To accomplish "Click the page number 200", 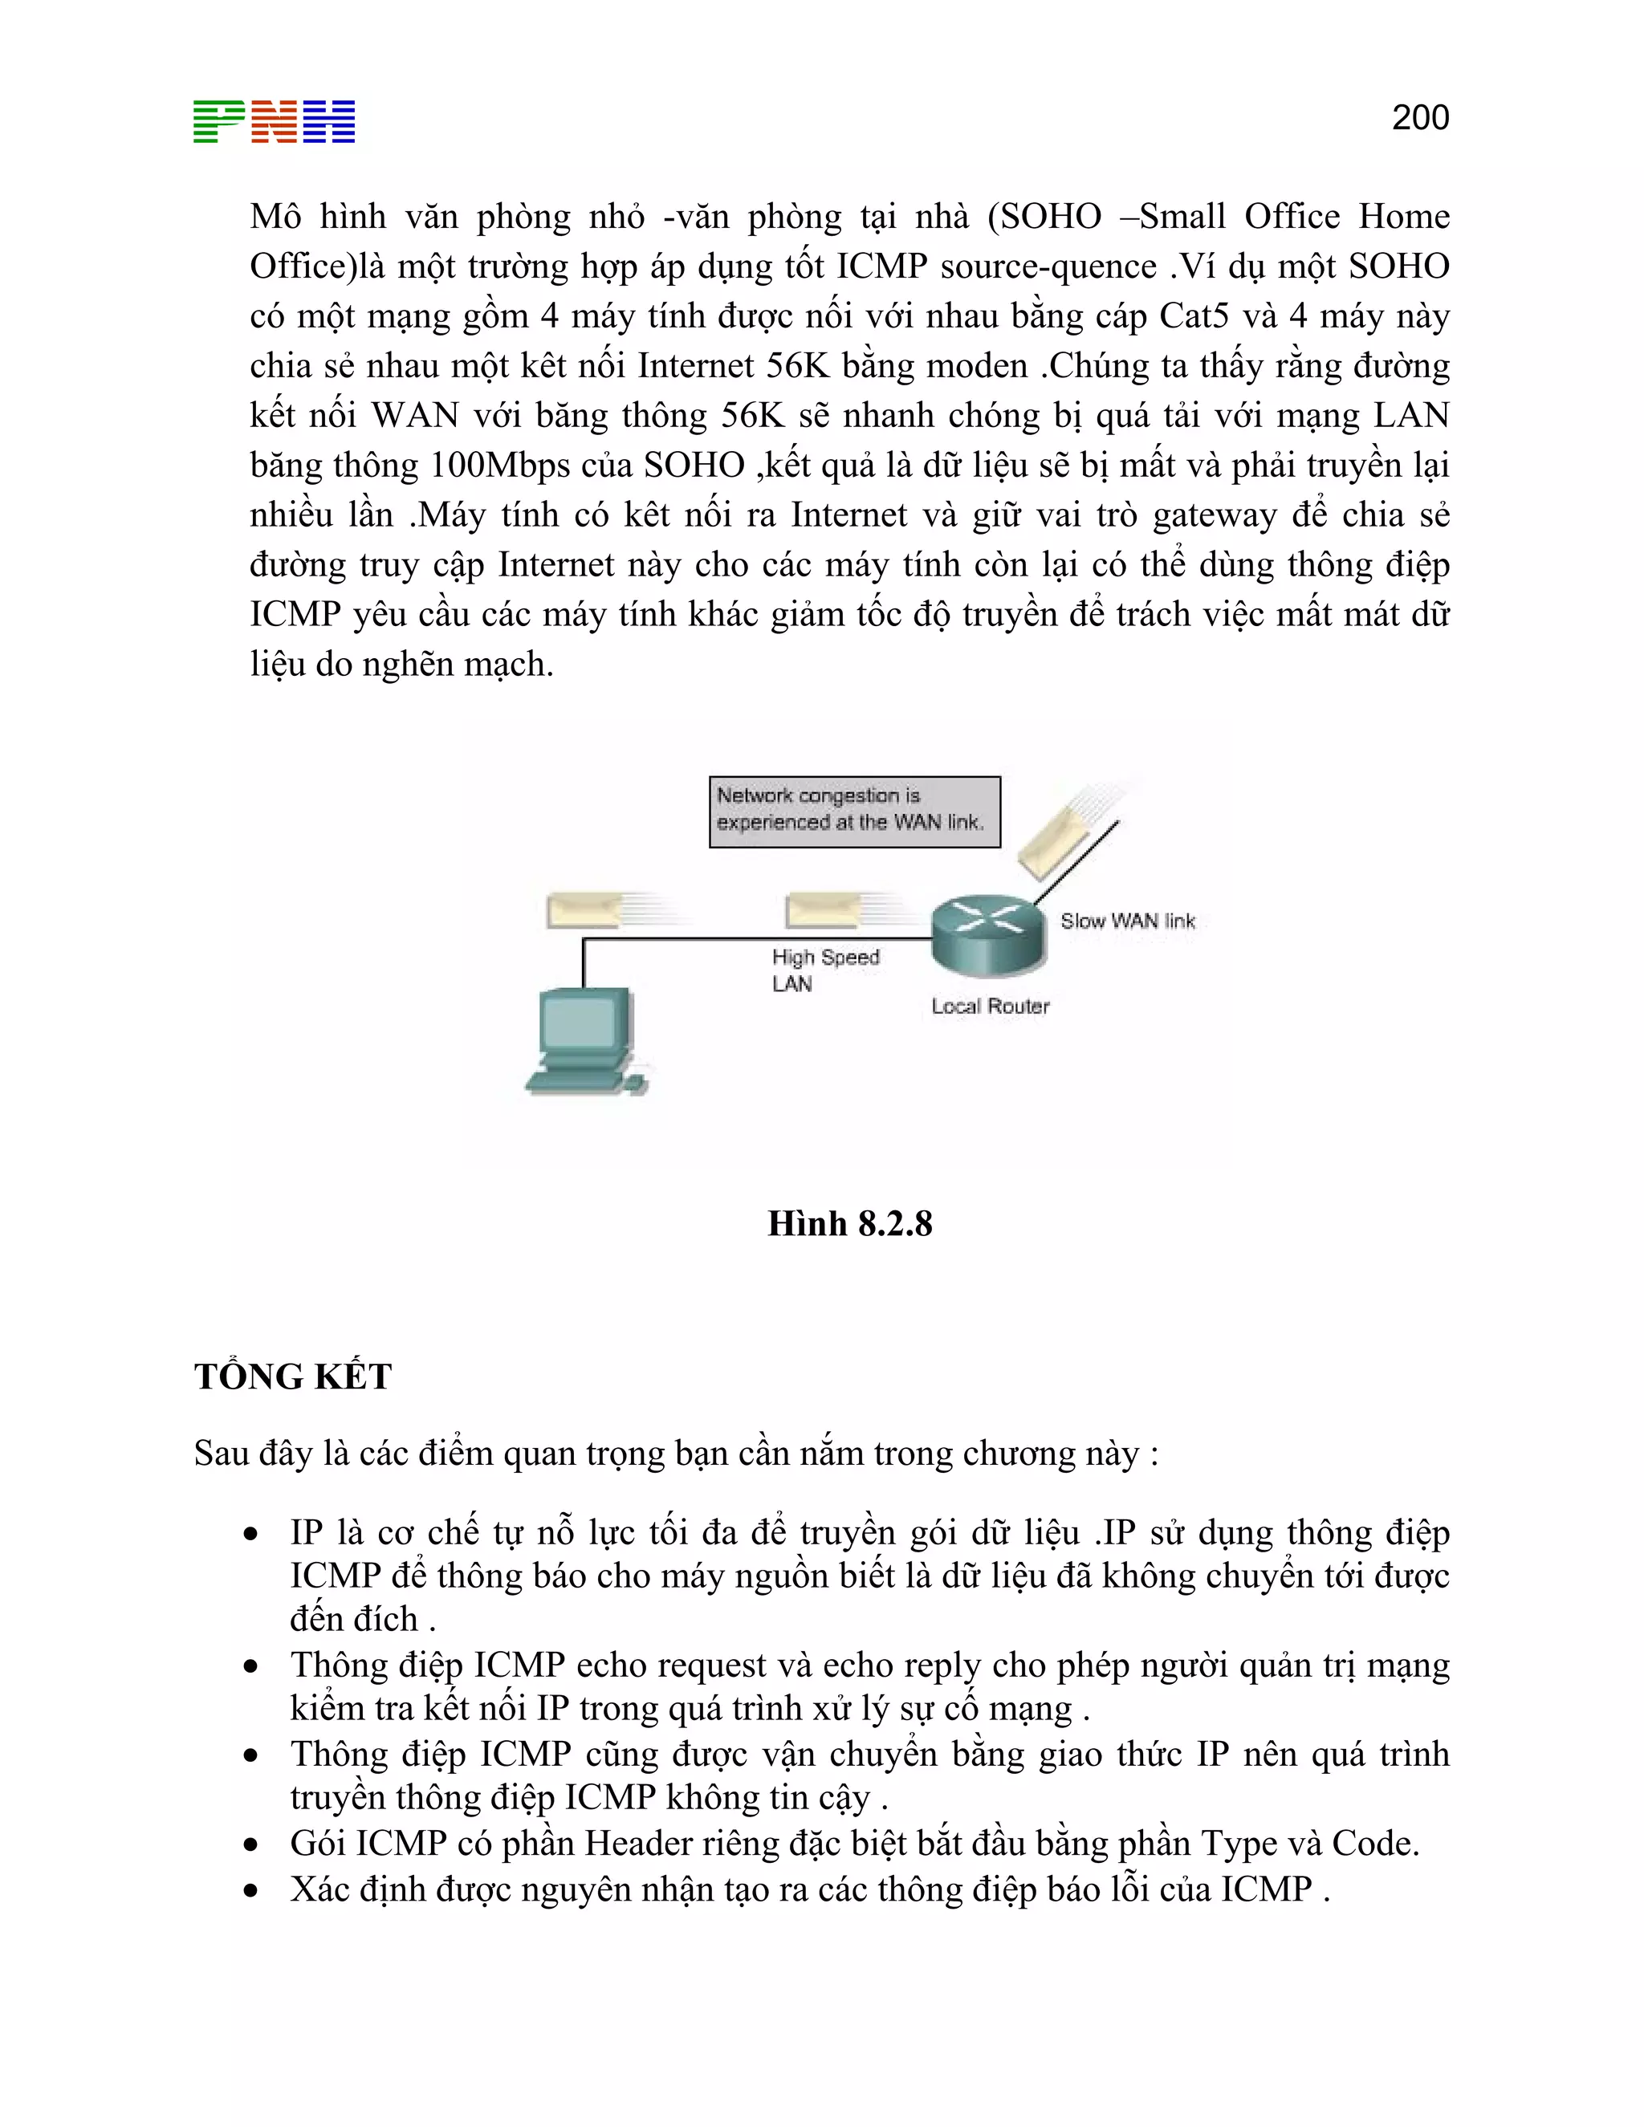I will coord(1420,118).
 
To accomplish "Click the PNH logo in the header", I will coord(274,122).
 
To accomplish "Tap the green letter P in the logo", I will coord(218,122).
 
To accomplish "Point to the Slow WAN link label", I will coord(1127,921).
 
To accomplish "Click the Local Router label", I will coord(990,1006).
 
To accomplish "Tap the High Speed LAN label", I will coord(824,970).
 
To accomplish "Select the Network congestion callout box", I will coord(854,811).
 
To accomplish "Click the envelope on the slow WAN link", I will coord(1056,837).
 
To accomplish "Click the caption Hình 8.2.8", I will coord(849,1223).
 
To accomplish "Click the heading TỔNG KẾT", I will coord(292,1376).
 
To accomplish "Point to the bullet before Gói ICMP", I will coord(251,1844).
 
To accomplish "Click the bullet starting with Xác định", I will coord(808,1889).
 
